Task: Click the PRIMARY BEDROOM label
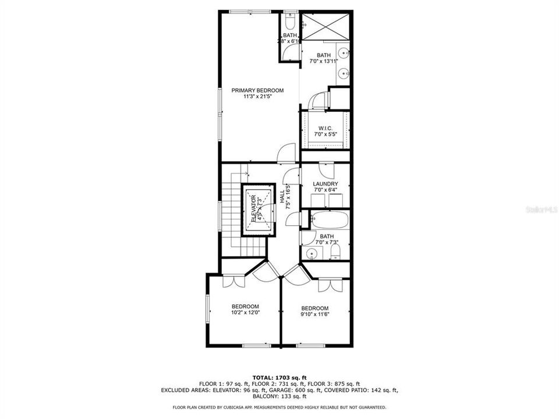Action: tap(257, 90)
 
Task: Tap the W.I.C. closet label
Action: tap(325, 128)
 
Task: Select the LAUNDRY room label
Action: tap(326, 184)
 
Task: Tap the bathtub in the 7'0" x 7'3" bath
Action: tap(328, 221)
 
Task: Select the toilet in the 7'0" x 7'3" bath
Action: tap(335, 252)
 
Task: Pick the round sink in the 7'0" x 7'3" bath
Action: tap(312, 253)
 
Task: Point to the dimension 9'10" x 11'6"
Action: tap(314, 315)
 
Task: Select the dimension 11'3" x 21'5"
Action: tap(257, 97)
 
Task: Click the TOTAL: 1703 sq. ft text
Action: tap(279, 377)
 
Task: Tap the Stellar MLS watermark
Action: tap(540, 207)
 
